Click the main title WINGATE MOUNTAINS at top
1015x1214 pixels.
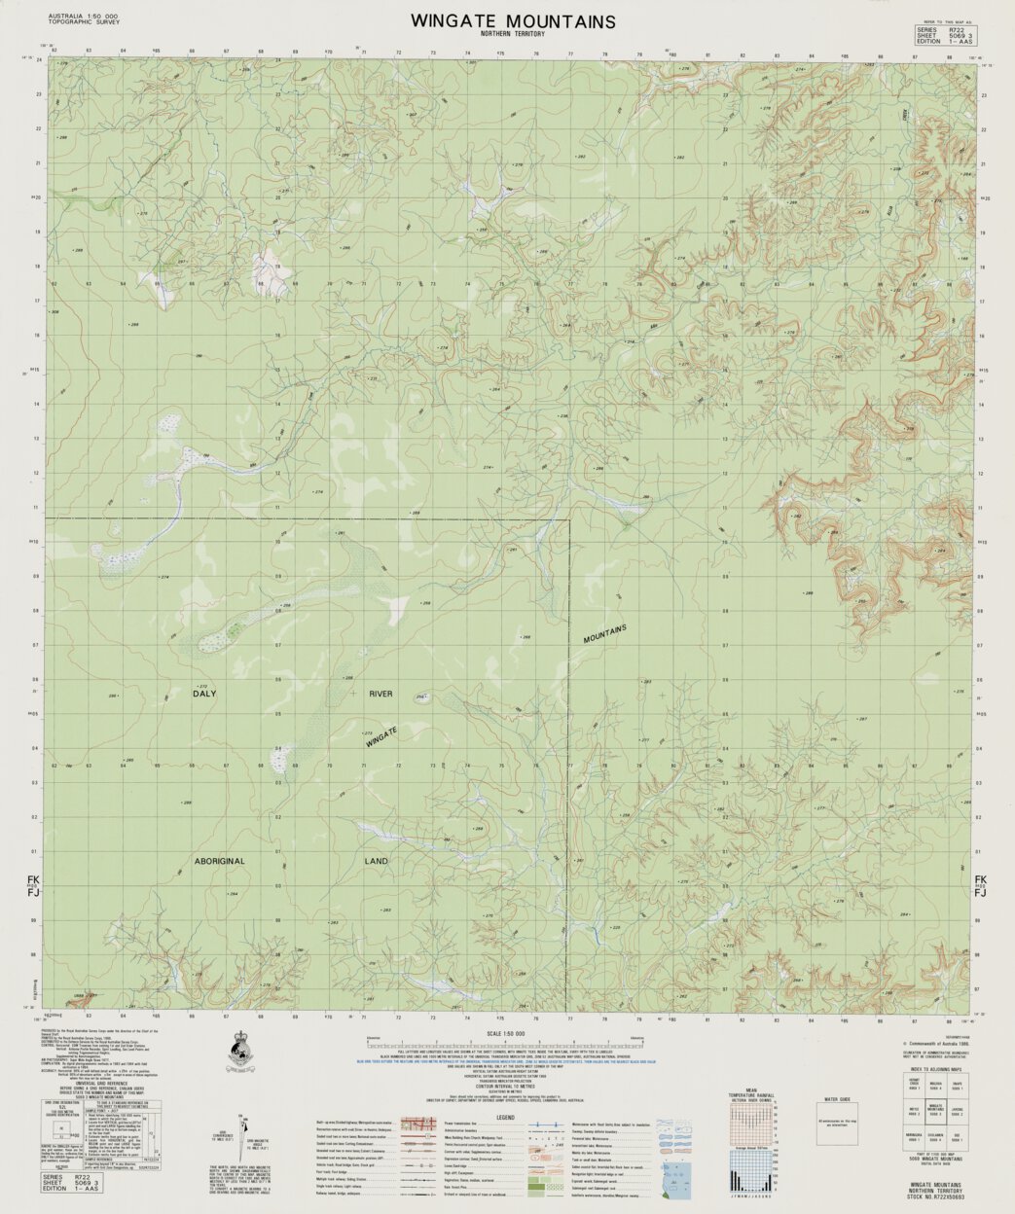(512, 20)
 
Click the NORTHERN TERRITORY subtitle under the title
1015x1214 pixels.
(512, 34)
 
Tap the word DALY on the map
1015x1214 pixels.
(204, 694)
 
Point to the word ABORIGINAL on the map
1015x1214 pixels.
(219, 862)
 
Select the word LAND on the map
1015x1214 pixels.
(377, 862)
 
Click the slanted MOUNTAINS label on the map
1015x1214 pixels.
(605, 632)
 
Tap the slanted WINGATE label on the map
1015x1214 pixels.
(382, 736)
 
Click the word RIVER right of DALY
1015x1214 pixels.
(381, 694)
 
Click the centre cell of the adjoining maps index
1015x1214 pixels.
(934, 1109)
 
